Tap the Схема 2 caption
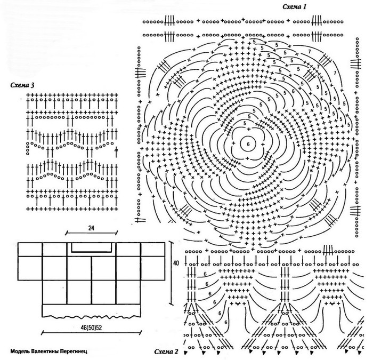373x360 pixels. [x=166, y=353]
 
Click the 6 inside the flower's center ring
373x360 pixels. [x=247, y=144]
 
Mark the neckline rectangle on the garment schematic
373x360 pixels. [x=92, y=246]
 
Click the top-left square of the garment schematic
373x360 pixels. [x=30, y=249]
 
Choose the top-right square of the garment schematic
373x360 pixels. [x=153, y=249]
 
